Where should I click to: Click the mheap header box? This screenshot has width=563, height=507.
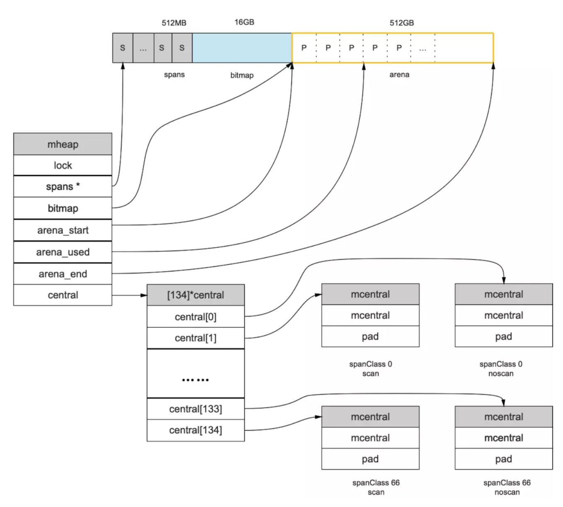(x=63, y=144)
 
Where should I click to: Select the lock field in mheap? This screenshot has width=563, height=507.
(x=63, y=166)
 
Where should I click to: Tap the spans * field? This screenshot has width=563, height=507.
(x=63, y=187)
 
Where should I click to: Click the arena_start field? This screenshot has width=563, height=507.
(x=63, y=230)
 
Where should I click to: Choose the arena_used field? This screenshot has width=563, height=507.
(x=63, y=252)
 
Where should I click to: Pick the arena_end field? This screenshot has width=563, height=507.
(x=63, y=274)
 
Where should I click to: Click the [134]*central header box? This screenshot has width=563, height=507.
(x=196, y=295)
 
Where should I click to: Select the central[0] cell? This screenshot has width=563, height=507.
(x=196, y=317)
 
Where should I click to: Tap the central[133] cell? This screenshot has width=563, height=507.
(x=196, y=409)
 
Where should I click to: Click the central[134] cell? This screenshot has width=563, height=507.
(x=196, y=430)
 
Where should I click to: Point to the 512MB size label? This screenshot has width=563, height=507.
(x=174, y=23)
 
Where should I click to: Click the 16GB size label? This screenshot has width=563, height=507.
(x=244, y=22)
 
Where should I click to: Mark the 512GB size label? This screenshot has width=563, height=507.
(x=402, y=23)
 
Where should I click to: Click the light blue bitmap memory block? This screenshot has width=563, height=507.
(x=242, y=48)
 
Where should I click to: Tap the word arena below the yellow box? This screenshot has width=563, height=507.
(x=399, y=75)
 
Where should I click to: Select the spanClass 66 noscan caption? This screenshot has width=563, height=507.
(x=507, y=487)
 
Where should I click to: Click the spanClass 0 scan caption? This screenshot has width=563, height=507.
(x=370, y=369)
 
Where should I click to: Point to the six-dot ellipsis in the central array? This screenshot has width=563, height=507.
(x=196, y=380)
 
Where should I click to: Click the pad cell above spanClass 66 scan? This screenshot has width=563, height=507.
(x=370, y=459)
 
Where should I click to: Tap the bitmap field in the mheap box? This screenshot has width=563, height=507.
(x=63, y=208)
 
